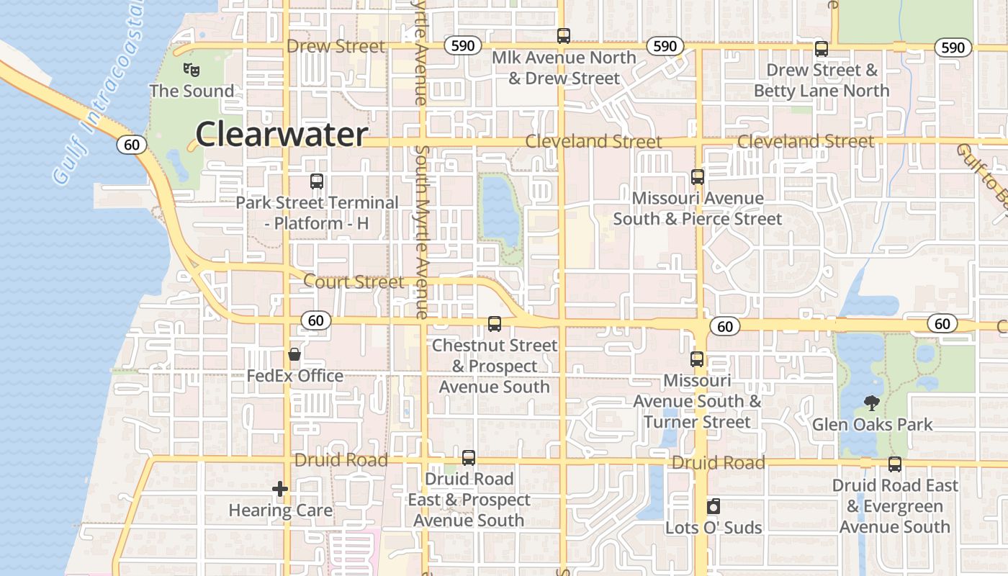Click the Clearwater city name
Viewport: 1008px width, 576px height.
click(282, 135)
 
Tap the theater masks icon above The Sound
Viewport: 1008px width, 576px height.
click(191, 70)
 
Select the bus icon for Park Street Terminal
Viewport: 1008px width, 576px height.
click(317, 181)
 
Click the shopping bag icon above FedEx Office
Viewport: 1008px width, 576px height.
click(294, 354)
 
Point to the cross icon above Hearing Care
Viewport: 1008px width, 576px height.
click(280, 490)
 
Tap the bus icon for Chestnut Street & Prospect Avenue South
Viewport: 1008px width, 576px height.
click(495, 324)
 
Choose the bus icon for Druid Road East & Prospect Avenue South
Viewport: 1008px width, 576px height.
click(469, 457)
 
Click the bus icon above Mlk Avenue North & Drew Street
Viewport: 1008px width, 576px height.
click(564, 36)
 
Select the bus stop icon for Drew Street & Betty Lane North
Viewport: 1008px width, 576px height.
click(822, 49)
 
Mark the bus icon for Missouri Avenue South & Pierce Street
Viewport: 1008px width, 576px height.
click(697, 176)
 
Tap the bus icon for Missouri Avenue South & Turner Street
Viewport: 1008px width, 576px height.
click(697, 359)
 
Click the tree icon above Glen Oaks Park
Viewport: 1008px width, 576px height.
click(872, 403)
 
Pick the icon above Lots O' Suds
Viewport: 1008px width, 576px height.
click(713, 506)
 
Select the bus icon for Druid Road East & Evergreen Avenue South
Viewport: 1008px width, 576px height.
click(895, 464)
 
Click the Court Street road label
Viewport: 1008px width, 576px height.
click(354, 282)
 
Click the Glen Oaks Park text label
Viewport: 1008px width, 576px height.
click(872, 424)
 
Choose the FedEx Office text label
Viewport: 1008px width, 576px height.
click(294, 376)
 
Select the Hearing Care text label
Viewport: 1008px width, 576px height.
click(280, 510)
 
